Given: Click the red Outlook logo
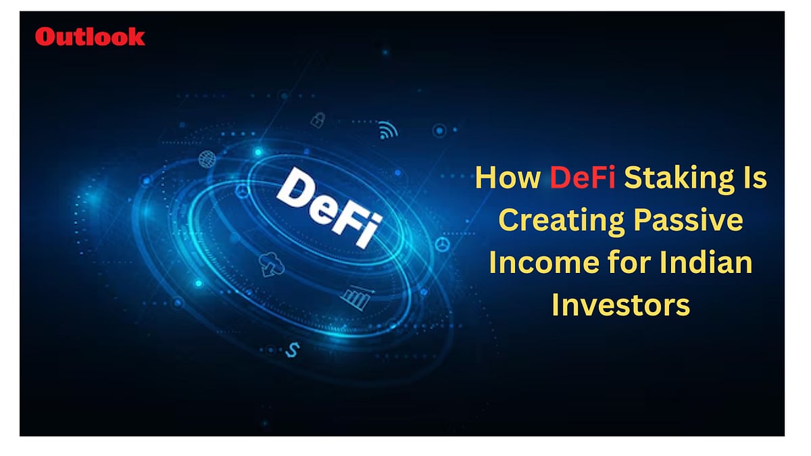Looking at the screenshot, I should (x=90, y=36).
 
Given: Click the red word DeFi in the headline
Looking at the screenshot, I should (x=582, y=179).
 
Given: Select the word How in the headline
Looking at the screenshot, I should (x=508, y=179).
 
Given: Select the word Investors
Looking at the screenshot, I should (x=620, y=305).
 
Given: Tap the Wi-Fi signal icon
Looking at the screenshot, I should (x=388, y=130).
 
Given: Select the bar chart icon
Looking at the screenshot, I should (x=355, y=297).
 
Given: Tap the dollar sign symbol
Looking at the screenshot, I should (x=293, y=349).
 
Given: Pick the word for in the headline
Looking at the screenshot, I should (x=633, y=263).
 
